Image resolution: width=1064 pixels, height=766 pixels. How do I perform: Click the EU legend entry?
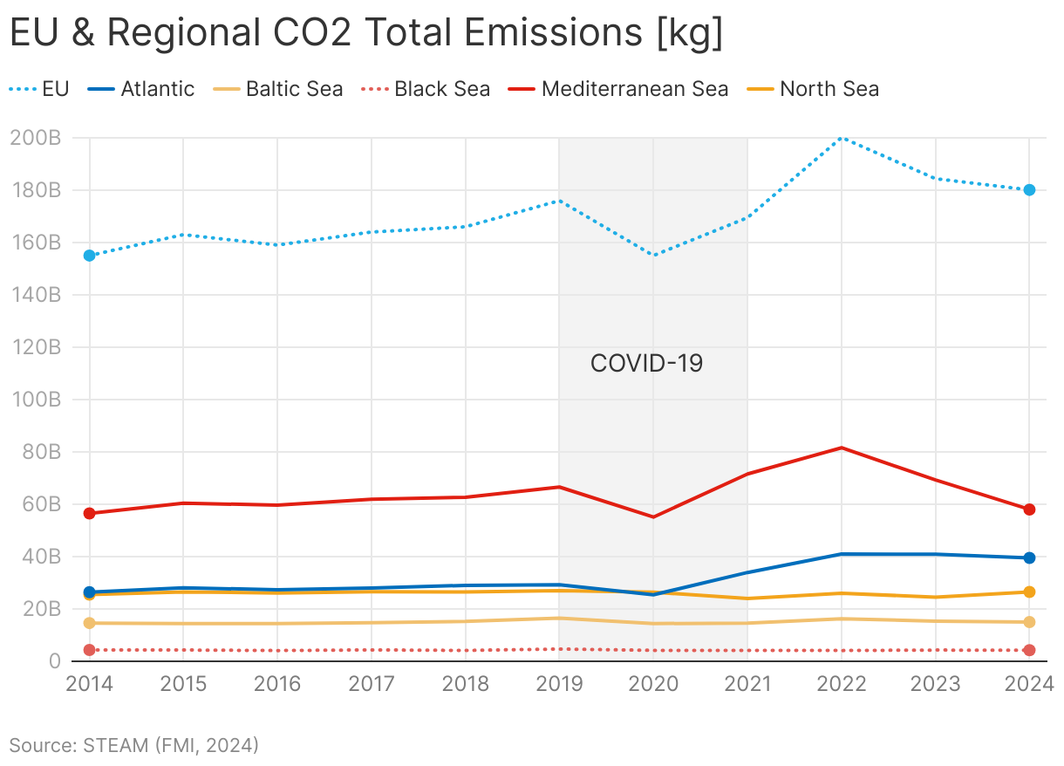tap(39, 89)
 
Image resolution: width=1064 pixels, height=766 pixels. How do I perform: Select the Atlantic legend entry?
tap(141, 89)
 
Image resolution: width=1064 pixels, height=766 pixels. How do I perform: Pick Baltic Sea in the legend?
tap(280, 89)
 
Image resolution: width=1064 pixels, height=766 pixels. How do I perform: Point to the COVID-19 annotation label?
tap(646, 363)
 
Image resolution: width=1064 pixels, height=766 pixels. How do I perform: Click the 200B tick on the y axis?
tap(36, 138)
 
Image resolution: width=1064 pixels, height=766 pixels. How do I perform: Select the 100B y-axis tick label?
tap(36, 400)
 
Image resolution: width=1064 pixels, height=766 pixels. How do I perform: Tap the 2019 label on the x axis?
tap(559, 683)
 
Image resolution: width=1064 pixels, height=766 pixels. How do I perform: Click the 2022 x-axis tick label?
tap(842, 683)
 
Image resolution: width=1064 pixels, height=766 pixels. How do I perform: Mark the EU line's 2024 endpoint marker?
tap(1029, 190)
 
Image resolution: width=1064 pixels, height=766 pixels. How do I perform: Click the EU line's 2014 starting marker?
tap(89, 256)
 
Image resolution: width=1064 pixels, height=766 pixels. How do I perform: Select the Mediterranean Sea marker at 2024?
tap(1029, 510)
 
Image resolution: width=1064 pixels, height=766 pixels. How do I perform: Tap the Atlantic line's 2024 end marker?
tap(1029, 557)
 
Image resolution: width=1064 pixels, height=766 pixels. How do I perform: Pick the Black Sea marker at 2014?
tap(89, 650)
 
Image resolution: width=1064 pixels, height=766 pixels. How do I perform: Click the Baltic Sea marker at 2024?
tap(1029, 622)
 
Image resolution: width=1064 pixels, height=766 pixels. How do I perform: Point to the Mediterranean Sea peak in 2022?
tap(842, 448)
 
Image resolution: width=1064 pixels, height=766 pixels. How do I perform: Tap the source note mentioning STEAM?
tap(134, 745)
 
